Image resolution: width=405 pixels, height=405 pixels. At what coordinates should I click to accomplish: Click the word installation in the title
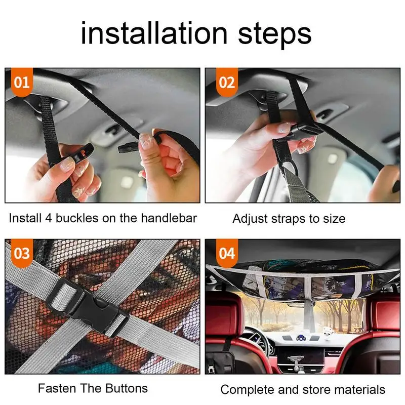point(154,33)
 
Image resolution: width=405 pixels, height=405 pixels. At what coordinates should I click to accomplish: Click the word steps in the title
point(274,36)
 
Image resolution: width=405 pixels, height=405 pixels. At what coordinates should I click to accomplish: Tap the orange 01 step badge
point(22,83)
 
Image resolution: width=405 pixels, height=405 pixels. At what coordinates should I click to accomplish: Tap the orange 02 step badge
point(227,83)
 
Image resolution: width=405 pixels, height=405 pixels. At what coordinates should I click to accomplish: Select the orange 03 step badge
point(22,254)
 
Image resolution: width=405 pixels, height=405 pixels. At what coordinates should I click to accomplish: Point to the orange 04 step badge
point(227,254)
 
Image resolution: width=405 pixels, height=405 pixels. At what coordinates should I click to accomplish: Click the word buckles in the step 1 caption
point(77,218)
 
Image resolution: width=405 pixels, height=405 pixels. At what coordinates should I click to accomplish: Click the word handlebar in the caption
point(169,218)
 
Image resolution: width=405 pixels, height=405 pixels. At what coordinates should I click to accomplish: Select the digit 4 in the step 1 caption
point(49,218)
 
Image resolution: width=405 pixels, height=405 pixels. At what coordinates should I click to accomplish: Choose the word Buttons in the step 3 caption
point(127,388)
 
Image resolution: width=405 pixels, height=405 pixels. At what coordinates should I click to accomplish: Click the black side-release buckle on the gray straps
point(88,307)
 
